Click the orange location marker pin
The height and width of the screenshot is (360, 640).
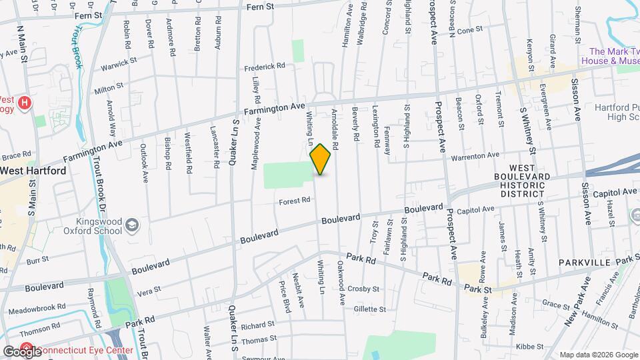coord(321,159)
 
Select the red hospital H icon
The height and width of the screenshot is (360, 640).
coord(25,103)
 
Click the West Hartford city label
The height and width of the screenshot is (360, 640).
coord(33,171)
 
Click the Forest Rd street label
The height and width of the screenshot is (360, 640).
coord(295,200)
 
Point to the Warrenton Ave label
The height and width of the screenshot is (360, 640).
coord(474,155)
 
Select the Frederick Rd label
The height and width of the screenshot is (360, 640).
coord(265,66)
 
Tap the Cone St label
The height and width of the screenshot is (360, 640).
coord(469,30)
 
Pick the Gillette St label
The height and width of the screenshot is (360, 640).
coord(370,309)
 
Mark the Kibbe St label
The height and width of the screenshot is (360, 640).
coord(530,346)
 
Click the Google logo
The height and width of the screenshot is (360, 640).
coord(22,351)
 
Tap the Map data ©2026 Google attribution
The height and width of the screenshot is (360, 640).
coord(598,354)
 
